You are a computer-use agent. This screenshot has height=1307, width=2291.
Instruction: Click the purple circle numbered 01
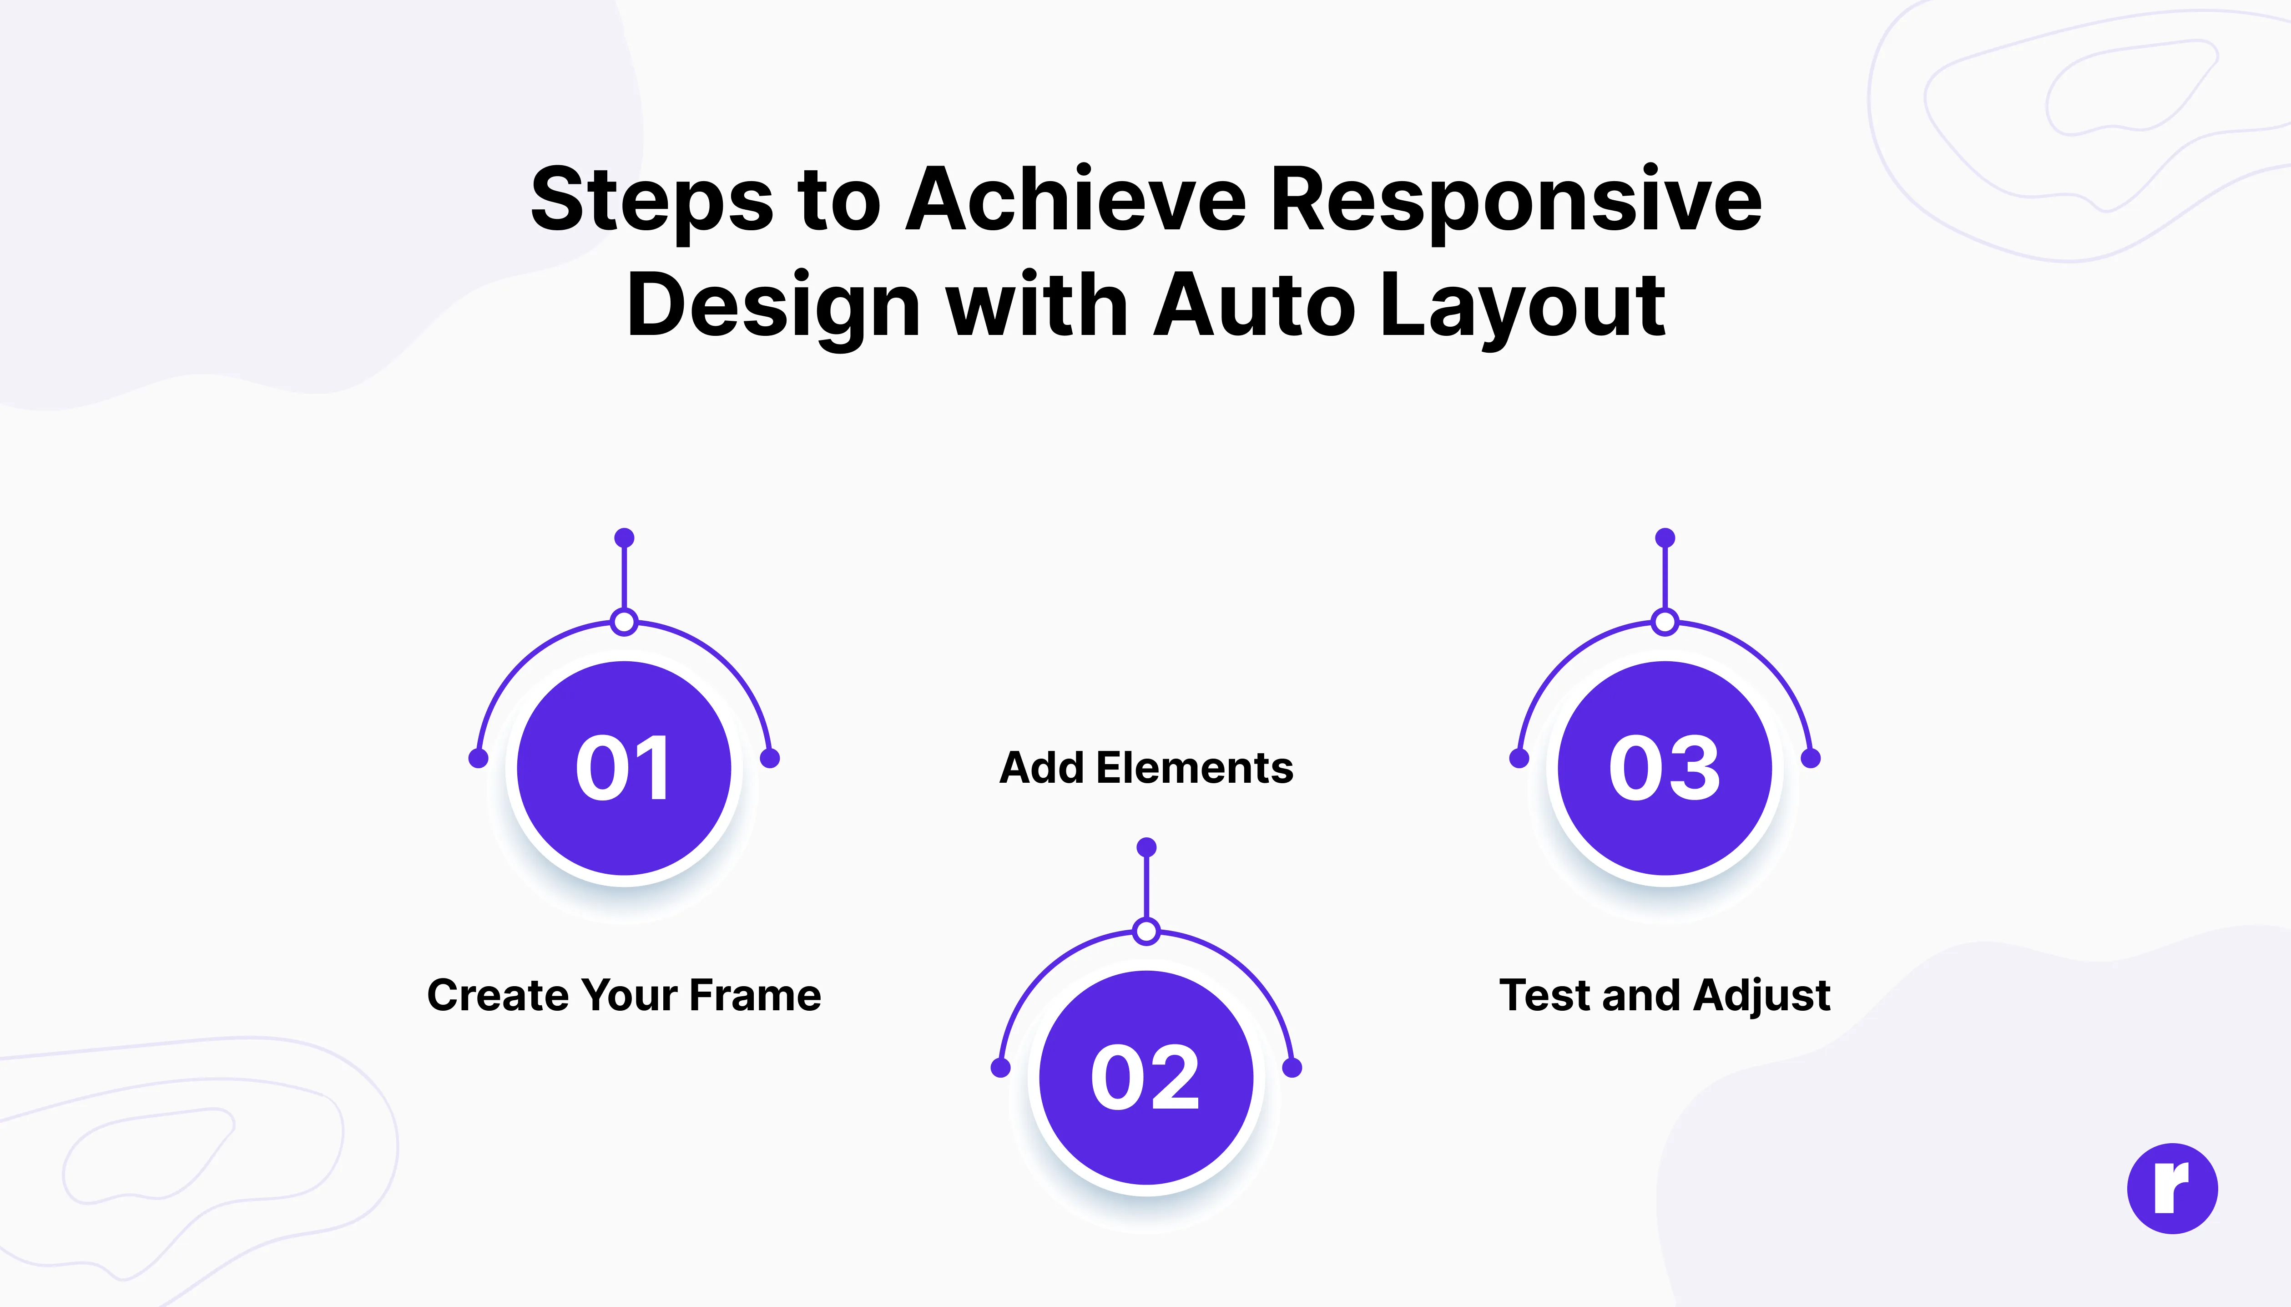625,768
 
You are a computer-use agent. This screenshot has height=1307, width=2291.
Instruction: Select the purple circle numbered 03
1665,768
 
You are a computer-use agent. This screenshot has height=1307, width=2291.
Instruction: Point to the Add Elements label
1146,768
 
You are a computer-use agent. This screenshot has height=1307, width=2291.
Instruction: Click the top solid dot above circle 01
625,538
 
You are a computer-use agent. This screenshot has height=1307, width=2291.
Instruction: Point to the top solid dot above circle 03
1665,538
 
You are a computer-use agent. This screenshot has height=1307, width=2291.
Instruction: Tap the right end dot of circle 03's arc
1811,759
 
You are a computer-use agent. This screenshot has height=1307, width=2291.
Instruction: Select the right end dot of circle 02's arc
1292,1067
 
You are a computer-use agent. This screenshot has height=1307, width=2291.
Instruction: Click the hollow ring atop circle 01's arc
625,622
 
